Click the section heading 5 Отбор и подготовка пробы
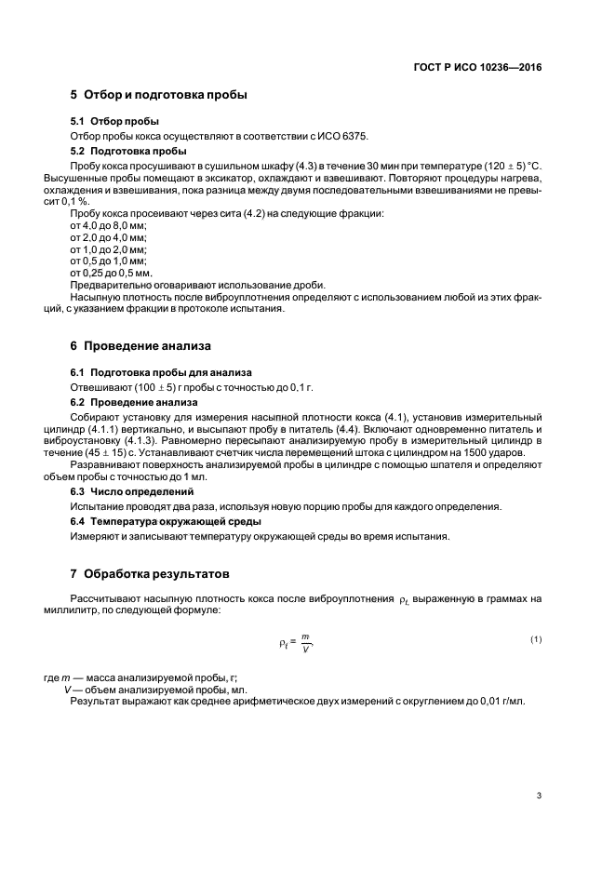coord(158,95)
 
